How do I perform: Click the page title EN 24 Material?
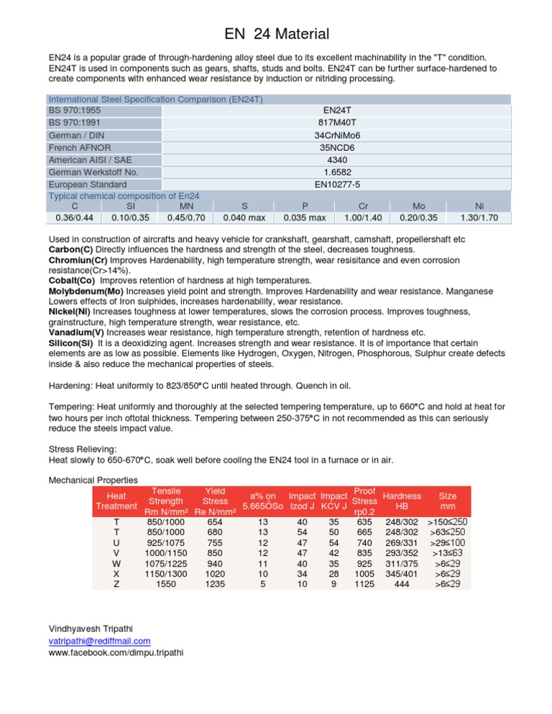tap(276, 34)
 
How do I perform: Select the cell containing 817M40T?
tap(336, 123)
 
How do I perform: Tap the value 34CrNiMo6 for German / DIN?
tap(336, 135)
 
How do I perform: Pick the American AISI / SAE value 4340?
tap(336, 159)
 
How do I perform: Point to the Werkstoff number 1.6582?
tap(336, 172)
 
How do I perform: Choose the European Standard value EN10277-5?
tap(336, 184)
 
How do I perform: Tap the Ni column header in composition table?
tap(479, 205)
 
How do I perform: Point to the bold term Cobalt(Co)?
tap(73, 279)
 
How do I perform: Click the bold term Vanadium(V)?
tap(76, 332)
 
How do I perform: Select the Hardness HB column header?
tap(402, 501)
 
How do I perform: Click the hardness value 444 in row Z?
tap(402, 585)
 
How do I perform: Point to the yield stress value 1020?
tap(214, 573)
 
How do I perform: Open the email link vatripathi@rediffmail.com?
tap(99, 641)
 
